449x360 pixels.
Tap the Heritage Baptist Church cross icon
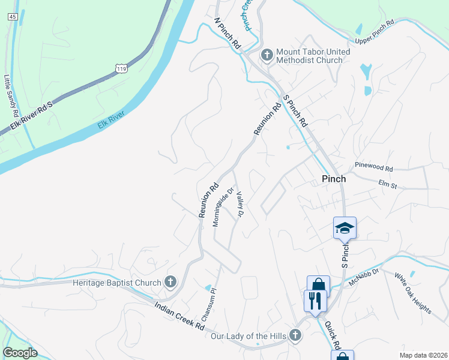170,281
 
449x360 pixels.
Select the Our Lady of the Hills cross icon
295,335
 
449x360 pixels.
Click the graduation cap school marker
345,228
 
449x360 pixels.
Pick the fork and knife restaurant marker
315,299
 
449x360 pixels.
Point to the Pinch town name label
334,179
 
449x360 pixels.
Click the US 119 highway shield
122,69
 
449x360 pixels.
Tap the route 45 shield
13,17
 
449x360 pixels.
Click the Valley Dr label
240,205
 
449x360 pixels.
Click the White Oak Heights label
412,293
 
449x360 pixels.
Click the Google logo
20,353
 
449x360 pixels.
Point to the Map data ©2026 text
424,355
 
